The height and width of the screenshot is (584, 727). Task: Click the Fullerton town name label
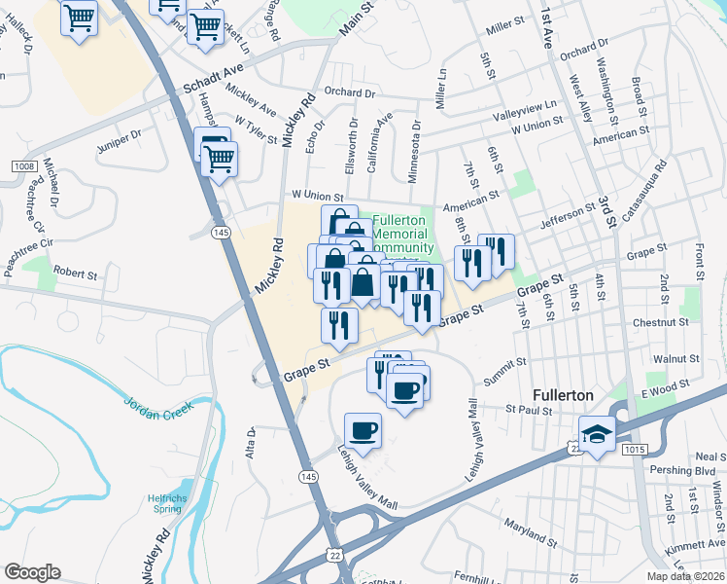[563, 396]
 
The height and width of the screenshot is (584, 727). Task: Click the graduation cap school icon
[597, 433]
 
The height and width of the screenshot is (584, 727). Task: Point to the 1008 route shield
[24, 167]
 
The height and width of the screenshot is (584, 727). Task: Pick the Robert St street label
[77, 274]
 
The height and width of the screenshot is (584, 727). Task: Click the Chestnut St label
[659, 322]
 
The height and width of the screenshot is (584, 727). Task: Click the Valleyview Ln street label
[525, 110]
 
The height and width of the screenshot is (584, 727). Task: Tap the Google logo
[33, 572]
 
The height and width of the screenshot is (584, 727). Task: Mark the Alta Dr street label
[250, 443]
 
